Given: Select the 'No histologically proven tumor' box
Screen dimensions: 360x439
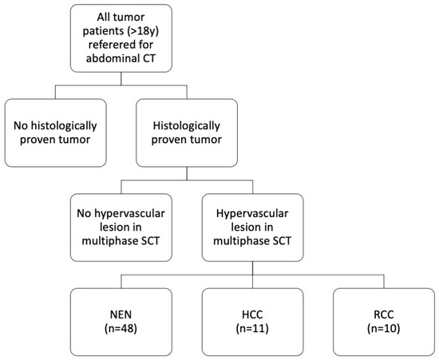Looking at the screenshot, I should pyautogui.click(x=55, y=133).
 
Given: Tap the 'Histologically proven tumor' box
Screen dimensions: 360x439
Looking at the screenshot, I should pyautogui.click(x=185, y=133).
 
